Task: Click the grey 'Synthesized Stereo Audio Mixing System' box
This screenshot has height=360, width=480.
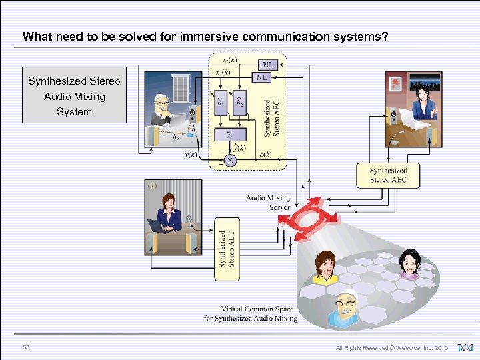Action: (74, 95)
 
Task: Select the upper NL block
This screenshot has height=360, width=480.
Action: (267, 65)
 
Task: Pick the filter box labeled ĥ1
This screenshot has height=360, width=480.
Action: (221, 104)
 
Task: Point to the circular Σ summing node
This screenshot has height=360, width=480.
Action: (230, 160)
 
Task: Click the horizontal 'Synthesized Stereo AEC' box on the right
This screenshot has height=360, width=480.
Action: (388, 175)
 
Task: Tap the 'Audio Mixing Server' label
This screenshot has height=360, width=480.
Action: (268, 202)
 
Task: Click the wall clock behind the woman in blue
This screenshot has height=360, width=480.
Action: (153, 186)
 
